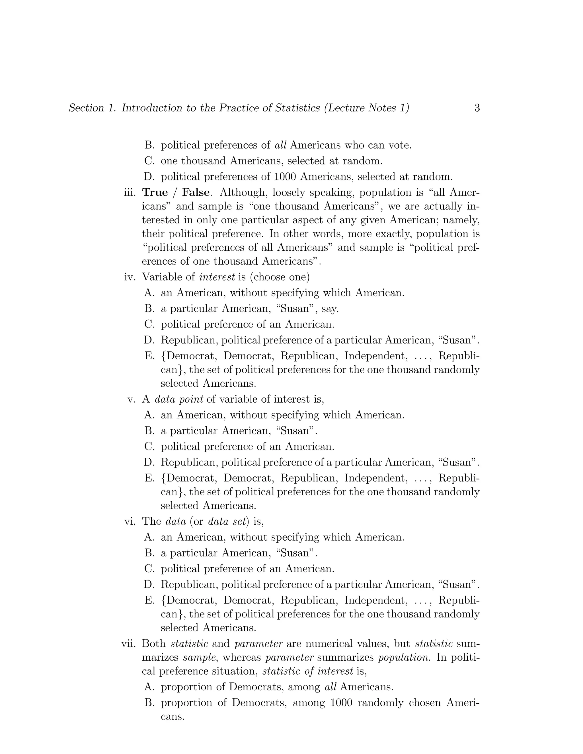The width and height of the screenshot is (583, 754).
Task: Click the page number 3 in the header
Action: pos(477,108)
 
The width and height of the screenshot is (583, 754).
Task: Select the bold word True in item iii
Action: pos(155,192)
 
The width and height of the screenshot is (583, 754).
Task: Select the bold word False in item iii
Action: pos(196,192)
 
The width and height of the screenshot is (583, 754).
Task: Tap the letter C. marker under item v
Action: pos(149,447)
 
